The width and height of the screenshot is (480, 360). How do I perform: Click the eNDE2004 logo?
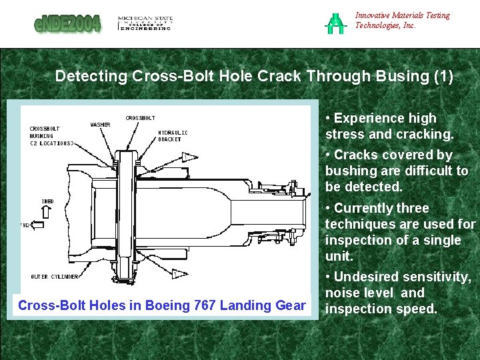tap(68, 24)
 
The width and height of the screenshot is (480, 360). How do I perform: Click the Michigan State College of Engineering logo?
tap(145, 23)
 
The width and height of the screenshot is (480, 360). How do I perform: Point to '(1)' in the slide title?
tap(443, 76)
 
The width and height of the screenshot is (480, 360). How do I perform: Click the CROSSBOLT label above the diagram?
tap(141, 118)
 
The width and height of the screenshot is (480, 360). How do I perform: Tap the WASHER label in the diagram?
tap(101, 125)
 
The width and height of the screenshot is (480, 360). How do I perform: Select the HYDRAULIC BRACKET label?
tap(173, 136)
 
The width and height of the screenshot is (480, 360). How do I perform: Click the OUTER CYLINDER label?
tap(55, 276)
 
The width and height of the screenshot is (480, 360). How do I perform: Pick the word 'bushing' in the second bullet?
tap(347, 171)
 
